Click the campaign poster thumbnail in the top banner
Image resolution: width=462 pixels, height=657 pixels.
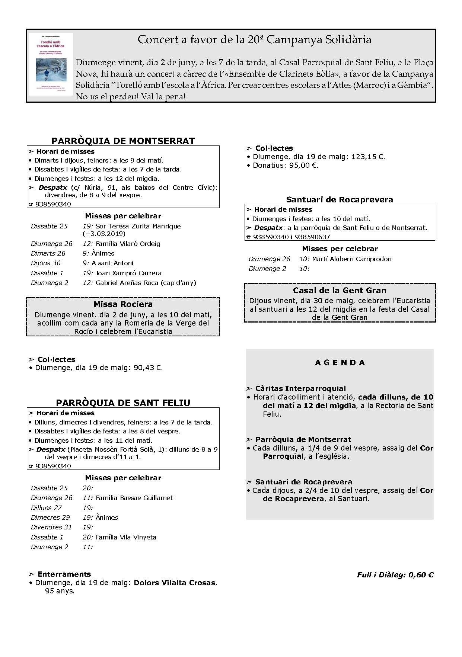coord(51,64)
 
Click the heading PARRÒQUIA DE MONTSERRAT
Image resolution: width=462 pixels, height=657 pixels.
coord(123,141)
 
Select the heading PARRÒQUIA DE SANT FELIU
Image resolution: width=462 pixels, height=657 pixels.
coord(123,403)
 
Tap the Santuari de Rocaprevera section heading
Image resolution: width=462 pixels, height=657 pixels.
coord(340,199)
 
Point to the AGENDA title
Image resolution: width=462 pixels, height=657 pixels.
coord(340,363)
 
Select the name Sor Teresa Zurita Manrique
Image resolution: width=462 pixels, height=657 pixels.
coord(138,226)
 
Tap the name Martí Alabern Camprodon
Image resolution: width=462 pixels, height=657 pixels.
coord(351,259)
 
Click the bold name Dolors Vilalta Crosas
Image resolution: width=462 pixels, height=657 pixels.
coord(175,583)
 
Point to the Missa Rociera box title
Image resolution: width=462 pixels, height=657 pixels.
coord(123,304)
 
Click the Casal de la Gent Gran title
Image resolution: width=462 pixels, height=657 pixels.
coord(340,291)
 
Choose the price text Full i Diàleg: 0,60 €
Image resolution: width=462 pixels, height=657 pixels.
coord(395,575)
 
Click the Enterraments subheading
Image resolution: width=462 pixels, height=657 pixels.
coord(64,574)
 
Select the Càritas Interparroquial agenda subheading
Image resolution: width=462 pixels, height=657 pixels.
coord(300,389)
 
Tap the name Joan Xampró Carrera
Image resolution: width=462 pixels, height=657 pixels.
coord(128,273)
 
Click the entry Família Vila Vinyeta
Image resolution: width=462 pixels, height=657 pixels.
coord(126,537)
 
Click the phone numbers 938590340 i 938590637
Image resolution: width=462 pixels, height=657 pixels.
coord(291,237)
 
